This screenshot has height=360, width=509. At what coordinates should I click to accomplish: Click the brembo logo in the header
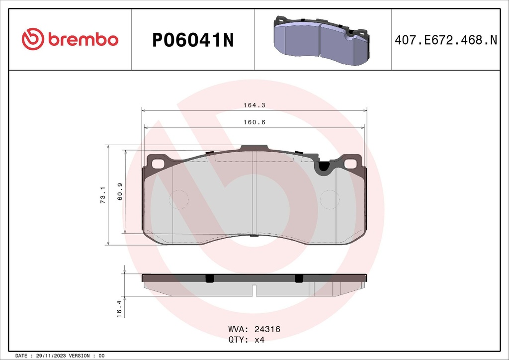point(70,39)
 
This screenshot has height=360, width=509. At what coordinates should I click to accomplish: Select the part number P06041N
point(193,40)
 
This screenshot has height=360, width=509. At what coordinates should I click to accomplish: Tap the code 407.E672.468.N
point(445,40)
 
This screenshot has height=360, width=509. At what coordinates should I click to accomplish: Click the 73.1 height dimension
point(103,195)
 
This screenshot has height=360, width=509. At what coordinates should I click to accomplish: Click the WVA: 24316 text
point(254,329)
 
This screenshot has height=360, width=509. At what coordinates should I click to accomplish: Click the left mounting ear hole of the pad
point(158,163)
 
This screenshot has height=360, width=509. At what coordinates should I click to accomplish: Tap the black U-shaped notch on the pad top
point(324,167)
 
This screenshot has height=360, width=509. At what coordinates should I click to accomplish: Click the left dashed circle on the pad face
point(179,200)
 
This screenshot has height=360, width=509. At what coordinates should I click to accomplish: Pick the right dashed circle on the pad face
point(329,200)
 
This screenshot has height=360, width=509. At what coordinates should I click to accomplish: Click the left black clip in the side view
point(209,278)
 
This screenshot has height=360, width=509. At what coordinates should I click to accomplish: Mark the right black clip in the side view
point(298,278)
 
